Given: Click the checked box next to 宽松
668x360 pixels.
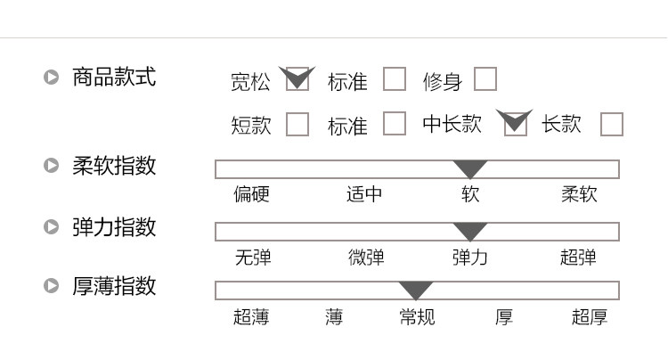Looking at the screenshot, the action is [x=297, y=78].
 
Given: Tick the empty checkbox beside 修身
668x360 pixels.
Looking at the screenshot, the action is [x=485, y=78].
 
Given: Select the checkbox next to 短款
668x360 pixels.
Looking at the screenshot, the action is [x=297, y=124].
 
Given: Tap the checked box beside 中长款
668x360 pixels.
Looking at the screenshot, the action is [x=516, y=124].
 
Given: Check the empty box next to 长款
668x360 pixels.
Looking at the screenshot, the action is [x=612, y=124].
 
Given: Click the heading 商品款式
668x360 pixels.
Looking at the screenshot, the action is [x=114, y=78].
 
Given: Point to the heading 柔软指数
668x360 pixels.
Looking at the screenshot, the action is [x=114, y=166].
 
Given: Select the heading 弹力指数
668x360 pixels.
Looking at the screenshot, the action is [x=114, y=226].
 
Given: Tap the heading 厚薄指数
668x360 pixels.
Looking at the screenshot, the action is [x=114, y=285].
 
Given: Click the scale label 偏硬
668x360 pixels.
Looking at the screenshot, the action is [x=251, y=194].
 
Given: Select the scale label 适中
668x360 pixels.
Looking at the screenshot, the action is [x=364, y=194].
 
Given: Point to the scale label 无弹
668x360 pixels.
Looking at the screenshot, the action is [x=253, y=258].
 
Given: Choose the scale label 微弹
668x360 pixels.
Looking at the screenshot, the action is [x=366, y=258].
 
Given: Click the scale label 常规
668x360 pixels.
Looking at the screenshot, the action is [x=417, y=317].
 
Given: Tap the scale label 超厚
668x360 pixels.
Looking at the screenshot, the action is [x=590, y=317].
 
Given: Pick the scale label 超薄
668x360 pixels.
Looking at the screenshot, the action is [x=251, y=317].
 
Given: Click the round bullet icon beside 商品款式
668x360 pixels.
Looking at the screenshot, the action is [x=51, y=78].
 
